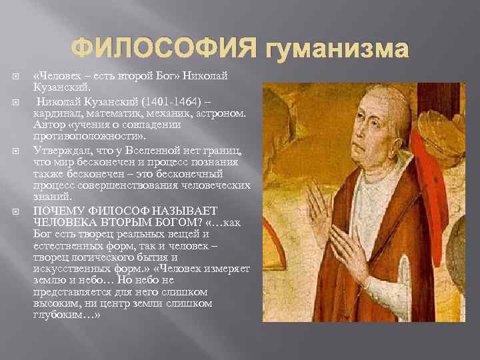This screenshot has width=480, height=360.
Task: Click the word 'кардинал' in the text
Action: pyautogui.click(x=55, y=113)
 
